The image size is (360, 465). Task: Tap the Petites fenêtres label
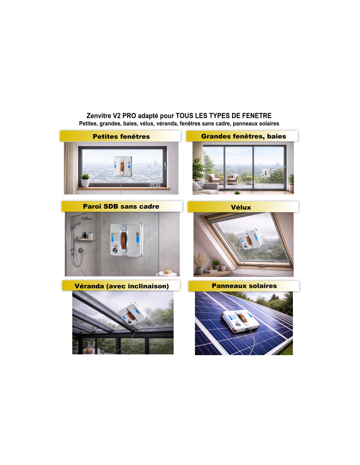[121, 136]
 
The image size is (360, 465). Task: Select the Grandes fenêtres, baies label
[243, 136]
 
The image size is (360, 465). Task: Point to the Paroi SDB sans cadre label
[121, 206]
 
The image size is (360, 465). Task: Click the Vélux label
[241, 207]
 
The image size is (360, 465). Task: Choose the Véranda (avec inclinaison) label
[121, 286]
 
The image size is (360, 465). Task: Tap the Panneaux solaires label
[244, 285]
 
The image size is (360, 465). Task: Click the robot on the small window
[122, 166]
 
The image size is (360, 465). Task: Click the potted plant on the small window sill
[85, 181]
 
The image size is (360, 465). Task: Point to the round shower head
[86, 218]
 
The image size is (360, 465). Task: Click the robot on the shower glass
[126, 239]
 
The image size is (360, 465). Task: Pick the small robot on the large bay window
[266, 172]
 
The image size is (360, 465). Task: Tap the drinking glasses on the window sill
[155, 184]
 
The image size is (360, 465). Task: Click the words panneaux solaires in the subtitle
[256, 124]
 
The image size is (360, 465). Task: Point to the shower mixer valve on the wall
[81, 250]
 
